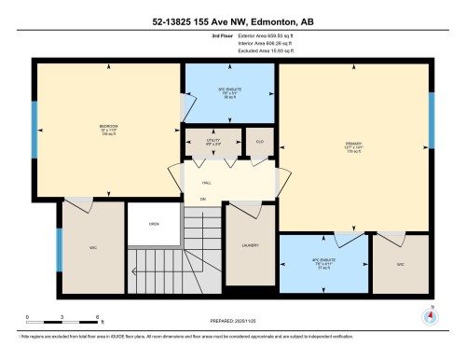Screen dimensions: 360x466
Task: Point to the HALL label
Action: point(207,182)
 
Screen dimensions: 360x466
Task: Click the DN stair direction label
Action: point(202,199)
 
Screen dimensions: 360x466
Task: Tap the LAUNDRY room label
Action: point(249,246)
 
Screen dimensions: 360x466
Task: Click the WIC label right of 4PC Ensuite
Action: point(400,266)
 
